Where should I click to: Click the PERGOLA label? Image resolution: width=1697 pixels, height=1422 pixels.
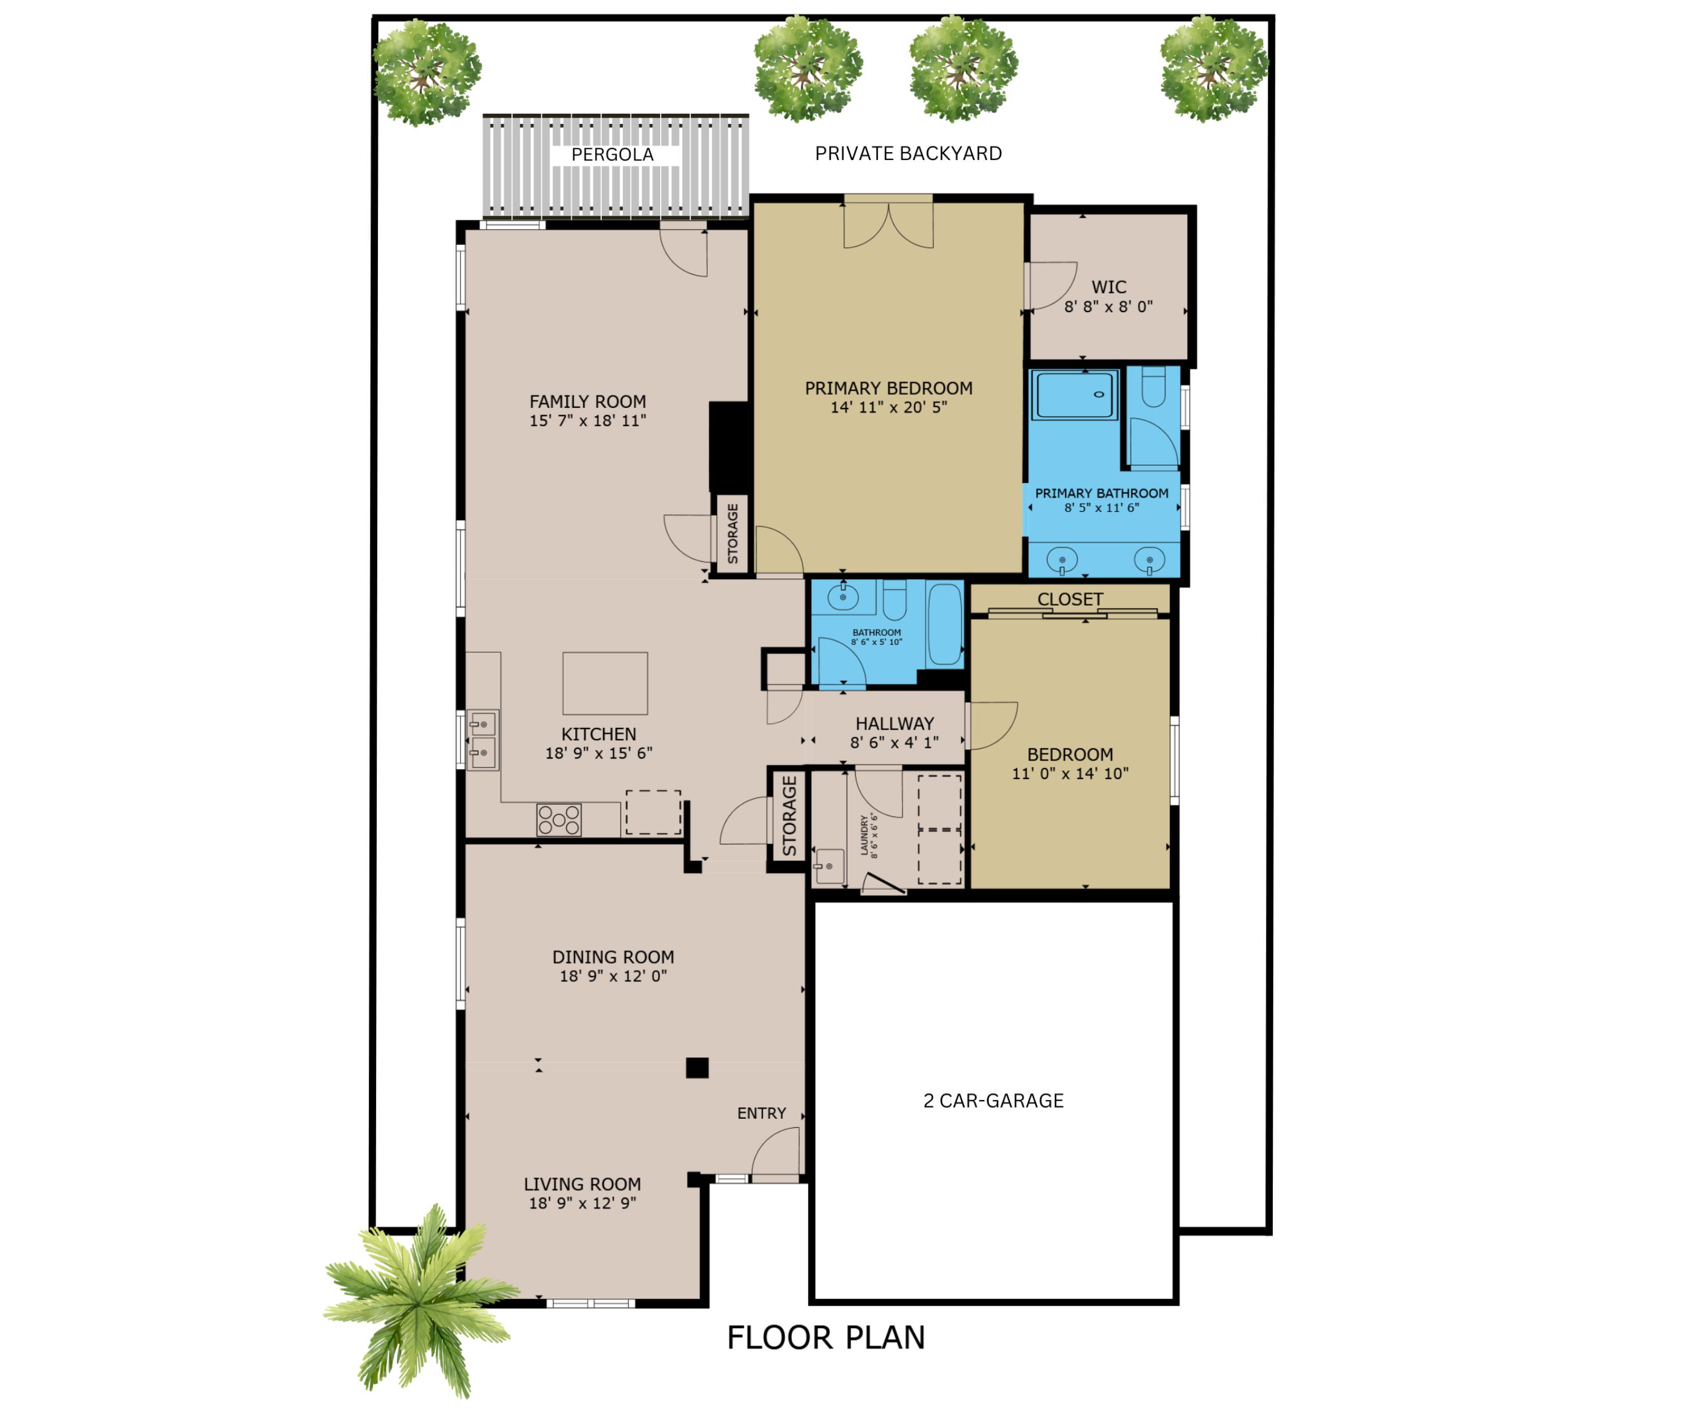pyautogui.click(x=613, y=154)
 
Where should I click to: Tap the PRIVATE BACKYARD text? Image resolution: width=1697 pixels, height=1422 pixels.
pyautogui.click(x=908, y=153)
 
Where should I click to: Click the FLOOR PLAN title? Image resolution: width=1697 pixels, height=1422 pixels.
pyautogui.click(x=826, y=1338)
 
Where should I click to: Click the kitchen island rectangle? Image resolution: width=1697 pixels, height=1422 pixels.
pyautogui.click(x=605, y=683)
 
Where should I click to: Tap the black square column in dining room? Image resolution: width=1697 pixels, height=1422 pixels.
pyautogui.click(x=697, y=1068)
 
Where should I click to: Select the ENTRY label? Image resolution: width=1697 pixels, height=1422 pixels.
pyautogui.click(x=761, y=1113)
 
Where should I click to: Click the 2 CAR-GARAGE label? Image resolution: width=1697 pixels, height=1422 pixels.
pyautogui.click(x=993, y=1100)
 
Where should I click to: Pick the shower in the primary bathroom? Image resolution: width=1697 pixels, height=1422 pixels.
pyautogui.click(x=1074, y=394)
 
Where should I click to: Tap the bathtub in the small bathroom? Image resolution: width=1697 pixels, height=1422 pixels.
pyautogui.click(x=945, y=624)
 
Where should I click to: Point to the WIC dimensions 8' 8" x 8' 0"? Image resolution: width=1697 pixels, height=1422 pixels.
pyautogui.click(x=1109, y=307)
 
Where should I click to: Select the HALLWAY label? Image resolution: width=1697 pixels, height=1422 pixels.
pyautogui.click(x=894, y=724)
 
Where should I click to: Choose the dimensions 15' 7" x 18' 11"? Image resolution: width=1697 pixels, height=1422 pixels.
pyautogui.click(x=588, y=421)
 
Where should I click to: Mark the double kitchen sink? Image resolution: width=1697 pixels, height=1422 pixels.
pyautogui.click(x=483, y=740)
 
